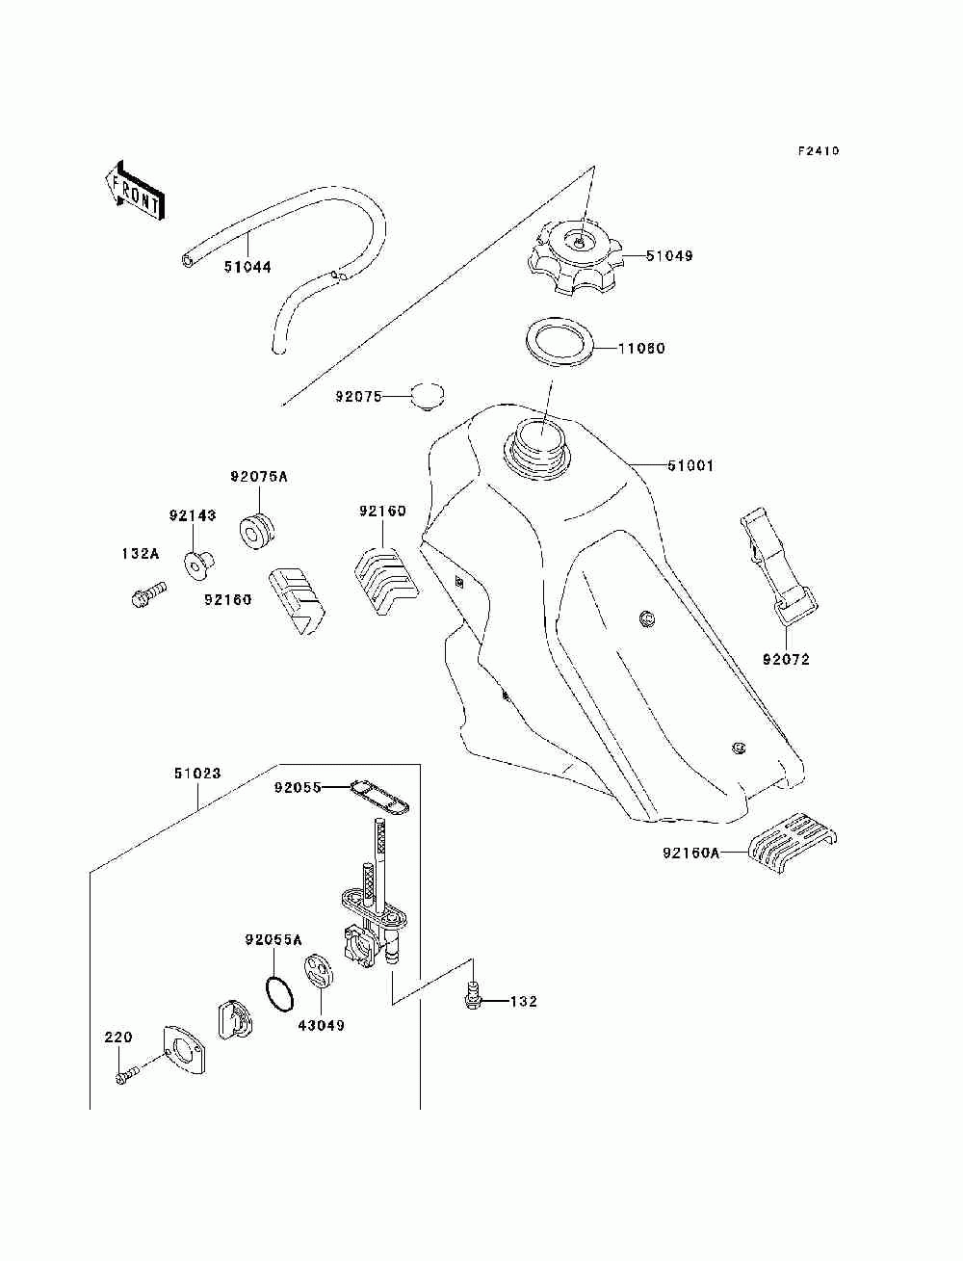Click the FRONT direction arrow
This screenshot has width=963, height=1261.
tap(135, 190)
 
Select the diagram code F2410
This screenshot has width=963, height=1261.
tap(818, 151)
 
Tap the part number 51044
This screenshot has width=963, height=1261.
tap(247, 267)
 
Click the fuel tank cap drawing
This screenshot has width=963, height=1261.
tap(575, 258)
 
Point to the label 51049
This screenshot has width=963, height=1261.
tap(669, 255)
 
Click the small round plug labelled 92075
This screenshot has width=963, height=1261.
tap(428, 395)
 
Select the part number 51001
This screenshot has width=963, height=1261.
tap(690, 465)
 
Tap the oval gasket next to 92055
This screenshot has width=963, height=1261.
tap(379, 797)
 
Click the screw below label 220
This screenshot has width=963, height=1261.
tap(127, 1074)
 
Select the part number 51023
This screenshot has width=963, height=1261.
tap(197, 774)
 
